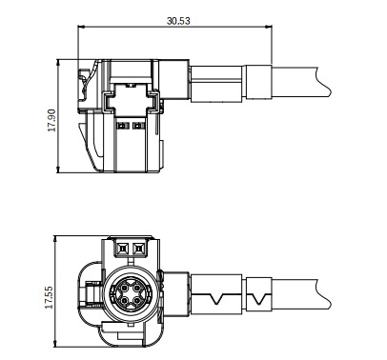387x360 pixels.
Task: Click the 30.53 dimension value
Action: [178, 21]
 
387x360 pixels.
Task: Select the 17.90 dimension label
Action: [51, 120]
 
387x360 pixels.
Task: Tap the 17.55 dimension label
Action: [49, 297]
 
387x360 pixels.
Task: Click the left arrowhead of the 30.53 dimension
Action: [81, 27]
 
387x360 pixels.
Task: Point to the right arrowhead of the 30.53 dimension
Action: [269, 27]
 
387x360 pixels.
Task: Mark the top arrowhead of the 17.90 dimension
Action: [58, 62]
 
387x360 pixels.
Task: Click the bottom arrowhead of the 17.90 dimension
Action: [58, 170]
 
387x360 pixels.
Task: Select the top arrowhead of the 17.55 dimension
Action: [55, 239]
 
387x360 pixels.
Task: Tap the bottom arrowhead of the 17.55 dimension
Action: [55, 344]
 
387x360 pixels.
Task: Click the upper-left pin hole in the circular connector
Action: [124, 288]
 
